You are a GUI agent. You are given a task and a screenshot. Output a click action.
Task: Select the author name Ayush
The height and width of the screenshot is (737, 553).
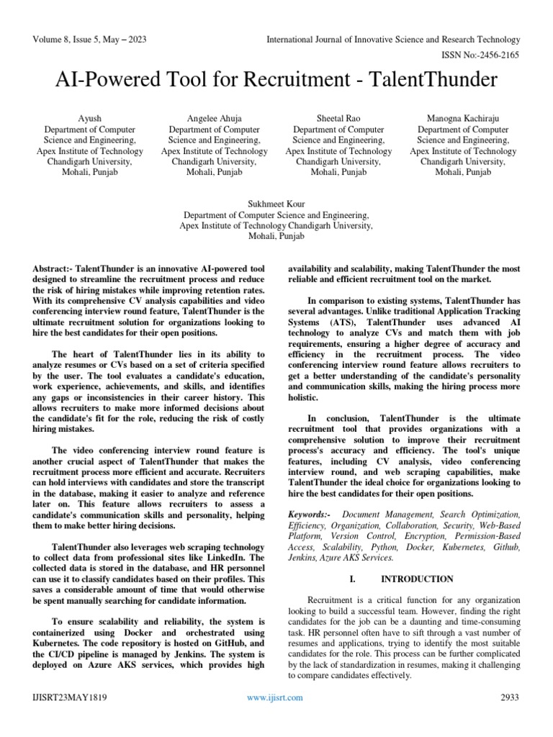89,117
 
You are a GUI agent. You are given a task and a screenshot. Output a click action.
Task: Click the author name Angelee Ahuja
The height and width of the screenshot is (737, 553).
214,117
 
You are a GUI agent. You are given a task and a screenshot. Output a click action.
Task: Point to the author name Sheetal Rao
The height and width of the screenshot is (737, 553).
338,117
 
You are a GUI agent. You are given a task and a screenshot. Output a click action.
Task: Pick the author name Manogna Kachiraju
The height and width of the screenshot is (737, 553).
463,117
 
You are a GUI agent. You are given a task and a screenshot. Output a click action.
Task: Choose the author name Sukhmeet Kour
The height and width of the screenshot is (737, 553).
276,204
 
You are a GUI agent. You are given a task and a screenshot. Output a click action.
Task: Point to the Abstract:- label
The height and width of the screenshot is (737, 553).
53,268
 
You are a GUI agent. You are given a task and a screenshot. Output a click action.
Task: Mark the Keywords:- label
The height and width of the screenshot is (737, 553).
310,515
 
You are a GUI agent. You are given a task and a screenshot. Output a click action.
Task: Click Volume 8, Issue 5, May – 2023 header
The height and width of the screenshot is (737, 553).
89,40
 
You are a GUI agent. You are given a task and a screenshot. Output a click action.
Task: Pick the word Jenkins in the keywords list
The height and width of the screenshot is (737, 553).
304,557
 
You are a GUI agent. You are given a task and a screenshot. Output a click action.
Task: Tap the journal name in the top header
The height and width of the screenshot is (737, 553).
392,40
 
